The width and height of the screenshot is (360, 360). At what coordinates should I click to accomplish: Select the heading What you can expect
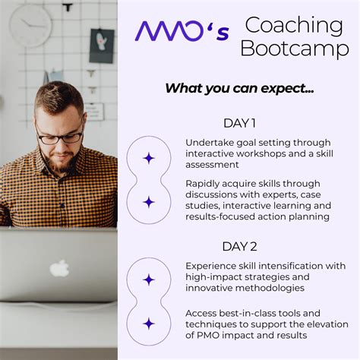239,87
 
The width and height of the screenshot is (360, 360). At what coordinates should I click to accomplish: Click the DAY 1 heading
239,123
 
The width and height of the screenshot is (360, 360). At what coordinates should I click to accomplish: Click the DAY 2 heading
239,246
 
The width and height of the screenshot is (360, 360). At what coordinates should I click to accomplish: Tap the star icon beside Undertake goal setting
149,158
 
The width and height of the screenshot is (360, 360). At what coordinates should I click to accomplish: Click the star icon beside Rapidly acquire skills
149,202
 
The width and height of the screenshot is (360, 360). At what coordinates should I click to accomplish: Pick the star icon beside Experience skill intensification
149,279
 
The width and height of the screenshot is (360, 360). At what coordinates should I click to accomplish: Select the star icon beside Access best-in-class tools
149,324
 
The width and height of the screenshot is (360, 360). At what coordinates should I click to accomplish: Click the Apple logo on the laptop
59,267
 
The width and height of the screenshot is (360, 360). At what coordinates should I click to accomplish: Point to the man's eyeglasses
61,137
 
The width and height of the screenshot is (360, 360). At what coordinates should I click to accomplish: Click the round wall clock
31,24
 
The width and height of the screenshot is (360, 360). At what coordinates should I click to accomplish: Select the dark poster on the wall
101,45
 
